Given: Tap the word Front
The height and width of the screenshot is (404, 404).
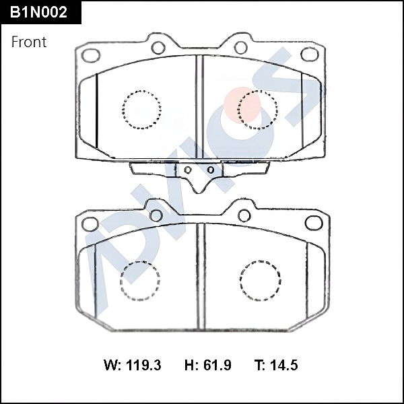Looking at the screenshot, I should [29, 42].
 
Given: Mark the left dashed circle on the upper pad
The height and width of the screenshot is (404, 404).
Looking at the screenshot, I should [142, 109].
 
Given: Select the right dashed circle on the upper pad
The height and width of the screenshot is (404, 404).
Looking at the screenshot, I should [258, 109].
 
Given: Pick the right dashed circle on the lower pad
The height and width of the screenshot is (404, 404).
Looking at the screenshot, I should [260, 280].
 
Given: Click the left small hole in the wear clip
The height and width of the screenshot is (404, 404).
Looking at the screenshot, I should [188, 170].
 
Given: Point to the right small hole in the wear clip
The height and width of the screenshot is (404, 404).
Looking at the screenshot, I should [211, 170].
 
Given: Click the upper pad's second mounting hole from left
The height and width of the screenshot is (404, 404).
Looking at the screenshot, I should [159, 47].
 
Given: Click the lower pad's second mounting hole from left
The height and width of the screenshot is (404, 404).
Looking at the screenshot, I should [156, 215].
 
